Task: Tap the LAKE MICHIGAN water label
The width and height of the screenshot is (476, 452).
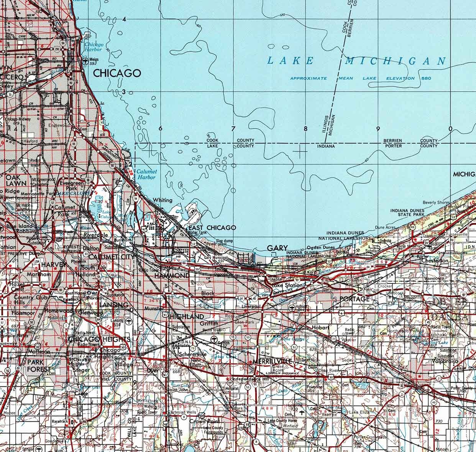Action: point(356,61)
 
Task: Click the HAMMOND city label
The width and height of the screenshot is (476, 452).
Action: point(171,275)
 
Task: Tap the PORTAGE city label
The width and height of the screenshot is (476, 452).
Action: point(355,299)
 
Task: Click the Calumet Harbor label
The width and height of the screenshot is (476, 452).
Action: point(146,175)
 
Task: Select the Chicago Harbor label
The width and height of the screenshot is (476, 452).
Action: point(93,47)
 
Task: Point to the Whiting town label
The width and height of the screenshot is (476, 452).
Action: point(162,200)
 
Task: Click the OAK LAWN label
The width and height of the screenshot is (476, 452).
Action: point(15,180)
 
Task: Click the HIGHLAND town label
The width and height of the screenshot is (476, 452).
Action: point(186,317)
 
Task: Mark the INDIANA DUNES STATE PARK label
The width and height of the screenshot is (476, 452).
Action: point(407,213)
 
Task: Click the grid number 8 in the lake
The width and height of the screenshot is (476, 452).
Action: point(306,129)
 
